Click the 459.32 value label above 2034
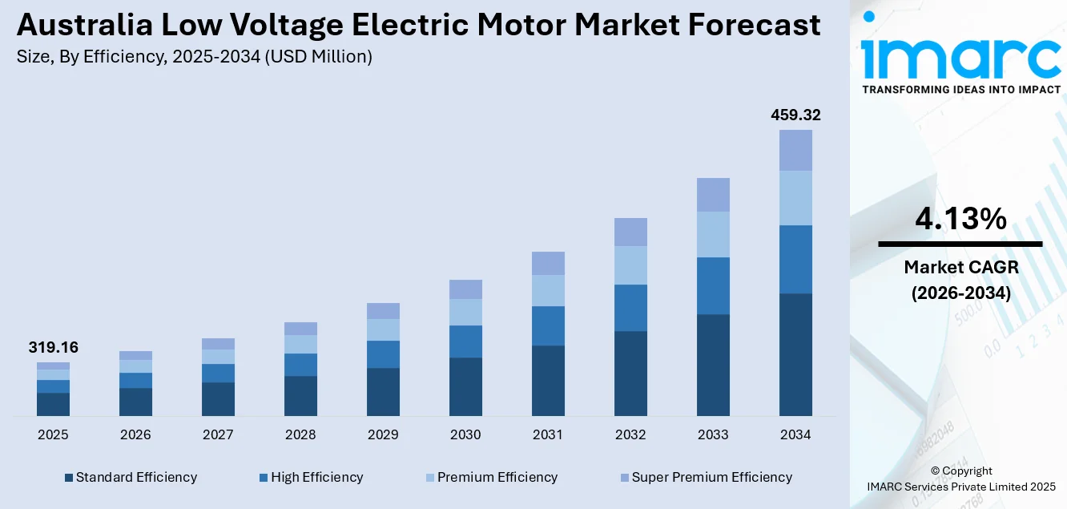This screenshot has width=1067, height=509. (x=795, y=115)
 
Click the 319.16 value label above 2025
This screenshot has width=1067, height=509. (x=53, y=348)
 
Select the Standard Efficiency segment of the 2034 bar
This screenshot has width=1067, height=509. (x=795, y=354)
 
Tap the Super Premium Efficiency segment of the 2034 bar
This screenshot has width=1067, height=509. (x=795, y=150)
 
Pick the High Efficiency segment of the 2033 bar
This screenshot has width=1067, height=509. (x=713, y=285)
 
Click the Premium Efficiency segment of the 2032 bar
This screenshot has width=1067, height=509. (x=630, y=265)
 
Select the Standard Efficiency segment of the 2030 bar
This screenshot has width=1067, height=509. (x=465, y=386)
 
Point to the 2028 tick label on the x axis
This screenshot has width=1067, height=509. (x=300, y=435)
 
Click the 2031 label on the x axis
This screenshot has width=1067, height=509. (x=548, y=435)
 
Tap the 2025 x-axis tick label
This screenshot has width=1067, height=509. (x=53, y=435)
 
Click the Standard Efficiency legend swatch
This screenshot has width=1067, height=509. (x=69, y=478)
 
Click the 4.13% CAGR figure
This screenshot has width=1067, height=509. (x=960, y=219)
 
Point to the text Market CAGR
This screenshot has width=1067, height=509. (x=960, y=267)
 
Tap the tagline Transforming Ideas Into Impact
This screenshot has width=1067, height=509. (x=960, y=90)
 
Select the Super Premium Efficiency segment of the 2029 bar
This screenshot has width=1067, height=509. (x=383, y=311)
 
